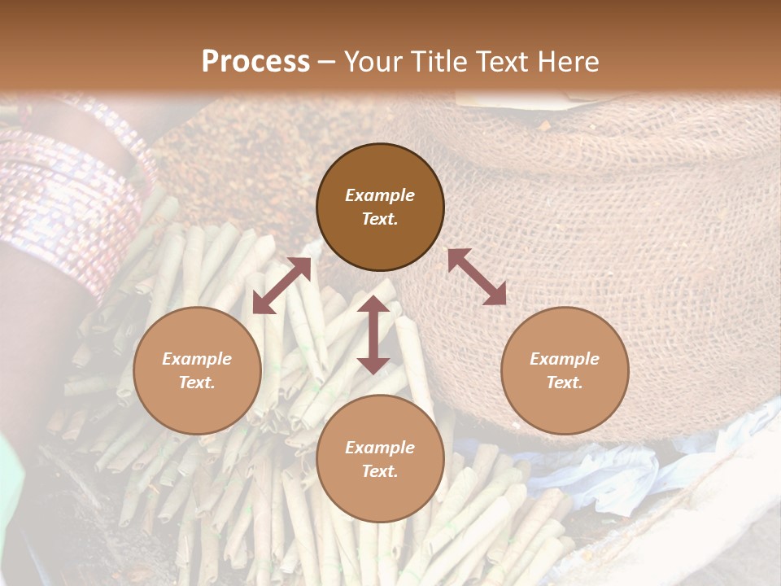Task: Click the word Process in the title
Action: (x=255, y=62)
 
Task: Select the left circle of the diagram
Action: (x=197, y=370)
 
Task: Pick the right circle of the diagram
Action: (x=565, y=370)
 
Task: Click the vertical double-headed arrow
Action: (x=373, y=335)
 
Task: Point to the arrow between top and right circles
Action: (x=477, y=277)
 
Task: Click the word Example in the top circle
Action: (x=380, y=195)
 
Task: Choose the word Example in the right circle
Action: (x=565, y=359)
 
